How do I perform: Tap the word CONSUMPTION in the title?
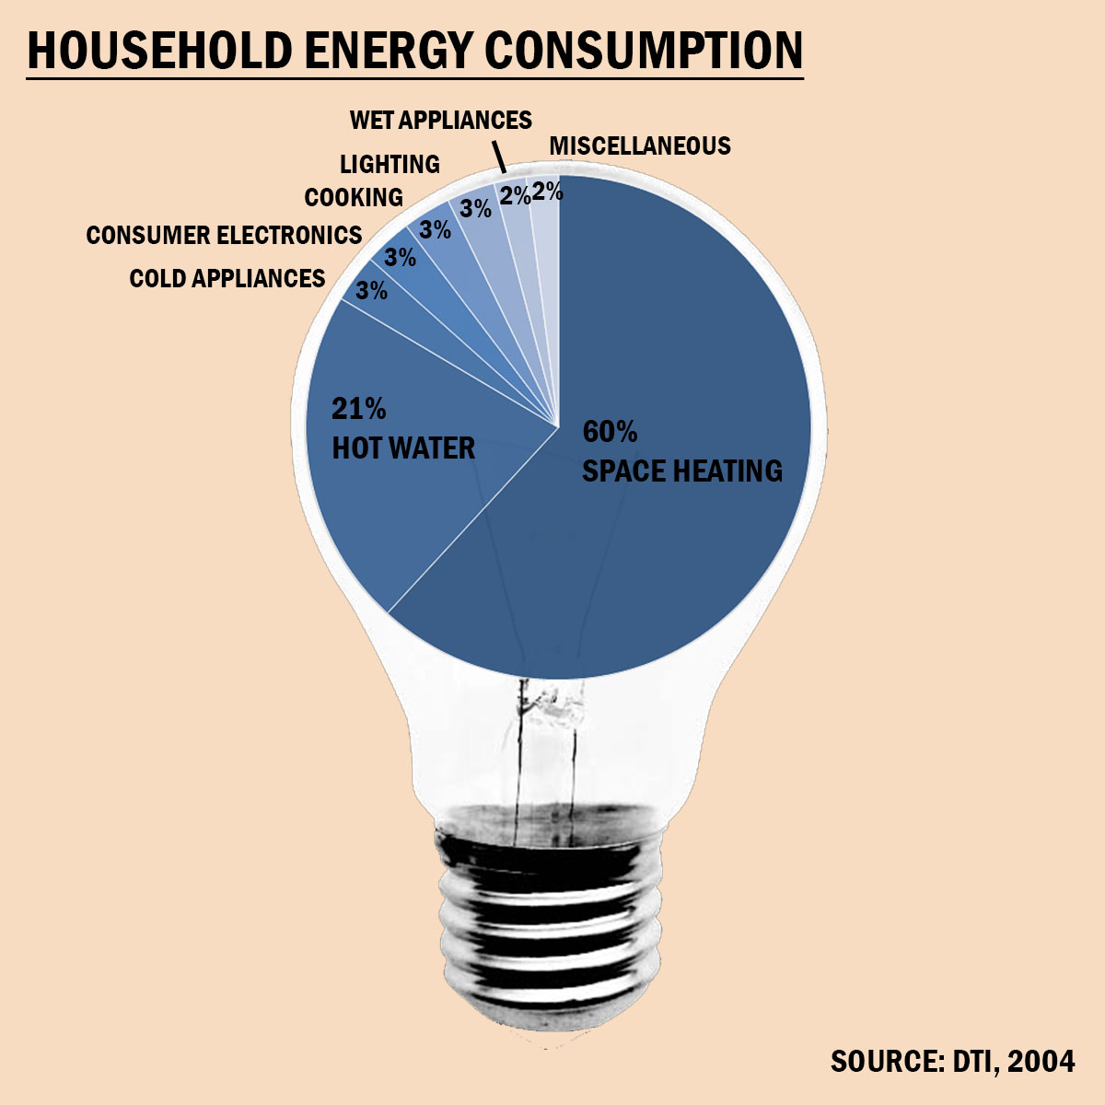click(645, 51)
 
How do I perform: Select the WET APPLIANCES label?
click(441, 121)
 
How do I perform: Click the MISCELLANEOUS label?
click(640, 145)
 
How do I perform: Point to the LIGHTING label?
click(390, 165)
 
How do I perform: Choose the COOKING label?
click(354, 198)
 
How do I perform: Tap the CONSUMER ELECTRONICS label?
click(224, 236)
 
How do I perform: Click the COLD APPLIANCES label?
click(227, 278)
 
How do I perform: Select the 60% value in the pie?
click(610, 431)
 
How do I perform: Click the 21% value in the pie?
click(358, 408)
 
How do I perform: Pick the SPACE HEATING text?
click(682, 471)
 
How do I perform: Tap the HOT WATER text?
click(403, 448)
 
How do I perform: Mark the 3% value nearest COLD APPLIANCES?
click(371, 291)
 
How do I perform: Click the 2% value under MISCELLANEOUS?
click(548, 192)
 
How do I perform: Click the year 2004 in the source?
click(1041, 1061)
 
